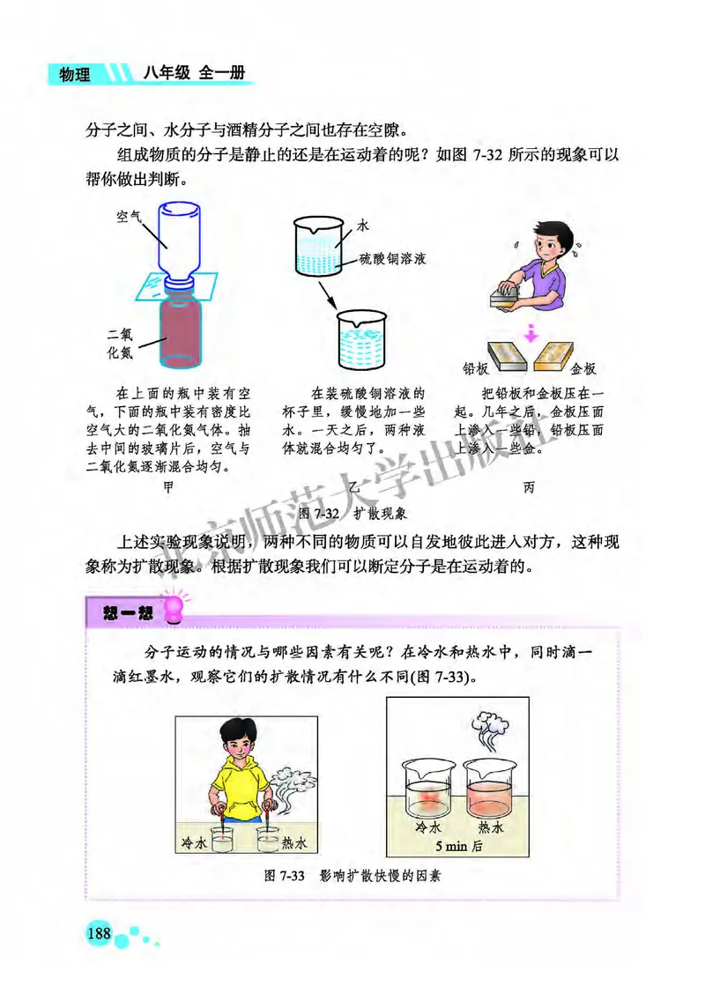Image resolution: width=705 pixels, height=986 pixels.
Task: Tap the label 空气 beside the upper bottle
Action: point(130,215)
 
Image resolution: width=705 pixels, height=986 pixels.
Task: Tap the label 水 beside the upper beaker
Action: point(363,226)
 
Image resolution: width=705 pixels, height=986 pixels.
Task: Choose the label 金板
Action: point(583,367)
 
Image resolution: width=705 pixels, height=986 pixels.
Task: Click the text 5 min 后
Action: point(456,845)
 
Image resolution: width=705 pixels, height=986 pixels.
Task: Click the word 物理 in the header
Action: point(75,75)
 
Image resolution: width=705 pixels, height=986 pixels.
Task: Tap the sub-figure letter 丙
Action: point(528,486)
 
